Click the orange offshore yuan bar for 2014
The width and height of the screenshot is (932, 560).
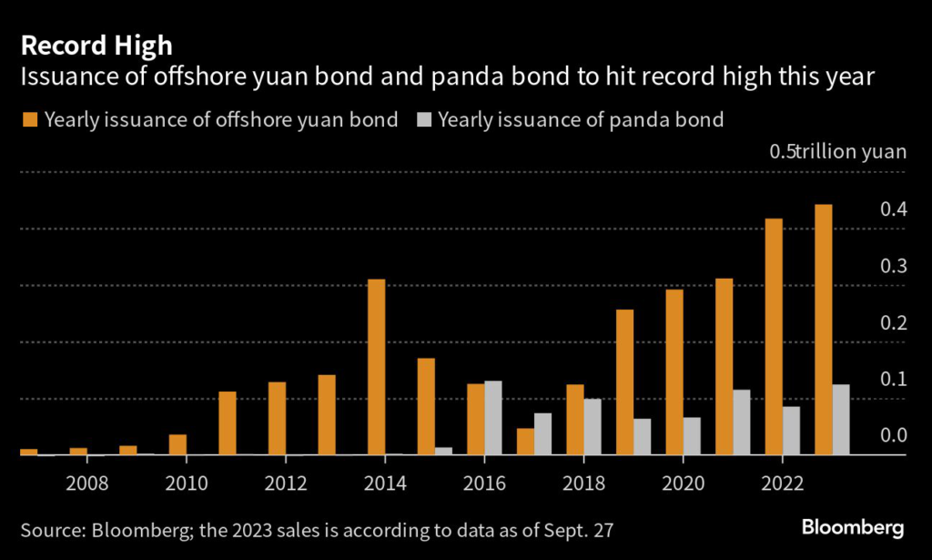pos(376,367)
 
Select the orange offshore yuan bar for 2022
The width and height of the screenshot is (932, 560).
pos(774,337)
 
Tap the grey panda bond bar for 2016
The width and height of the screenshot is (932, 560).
pos(493,418)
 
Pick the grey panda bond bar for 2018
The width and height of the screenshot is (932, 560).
pos(593,427)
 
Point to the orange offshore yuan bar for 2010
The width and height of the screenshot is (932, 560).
pos(177,445)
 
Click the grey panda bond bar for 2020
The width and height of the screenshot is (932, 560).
pos(692,436)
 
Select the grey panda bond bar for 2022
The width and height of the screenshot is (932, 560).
pos(791,431)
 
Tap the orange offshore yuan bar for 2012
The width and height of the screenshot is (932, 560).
pos(277,419)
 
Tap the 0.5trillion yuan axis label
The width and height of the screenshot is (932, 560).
pos(838,152)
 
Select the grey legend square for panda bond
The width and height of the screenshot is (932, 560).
pos(423,120)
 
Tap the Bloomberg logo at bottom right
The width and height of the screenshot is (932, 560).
pos(852,527)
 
